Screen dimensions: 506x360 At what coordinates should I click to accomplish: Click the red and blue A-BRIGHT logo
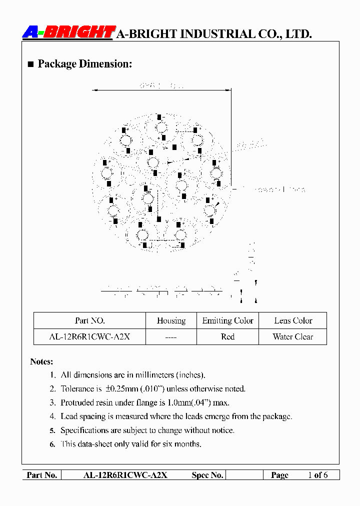[68, 32]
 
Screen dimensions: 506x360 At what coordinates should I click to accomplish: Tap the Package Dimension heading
[84, 64]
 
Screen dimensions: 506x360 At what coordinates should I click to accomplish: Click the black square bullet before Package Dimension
[30, 64]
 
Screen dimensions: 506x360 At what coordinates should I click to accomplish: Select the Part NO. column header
[89, 320]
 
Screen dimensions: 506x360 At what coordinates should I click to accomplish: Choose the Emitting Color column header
[227, 320]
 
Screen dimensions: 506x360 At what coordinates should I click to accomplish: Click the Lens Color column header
[293, 320]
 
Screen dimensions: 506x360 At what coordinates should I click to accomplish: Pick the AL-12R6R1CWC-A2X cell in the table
[89, 336]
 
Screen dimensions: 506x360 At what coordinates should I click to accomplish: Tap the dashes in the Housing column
[171, 337]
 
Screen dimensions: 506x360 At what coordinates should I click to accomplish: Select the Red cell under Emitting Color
[227, 336]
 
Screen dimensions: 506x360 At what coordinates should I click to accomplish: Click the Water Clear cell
[293, 336]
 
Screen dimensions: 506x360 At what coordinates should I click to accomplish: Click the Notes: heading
[41, 361]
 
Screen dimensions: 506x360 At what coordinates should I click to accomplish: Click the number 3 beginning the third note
[52, 402]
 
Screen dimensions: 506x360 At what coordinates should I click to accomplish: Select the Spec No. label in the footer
[207, 475]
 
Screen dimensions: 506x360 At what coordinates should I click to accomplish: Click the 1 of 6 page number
[318, 475]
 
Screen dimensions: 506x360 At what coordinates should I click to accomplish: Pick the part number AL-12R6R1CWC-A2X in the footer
[125, 475]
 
